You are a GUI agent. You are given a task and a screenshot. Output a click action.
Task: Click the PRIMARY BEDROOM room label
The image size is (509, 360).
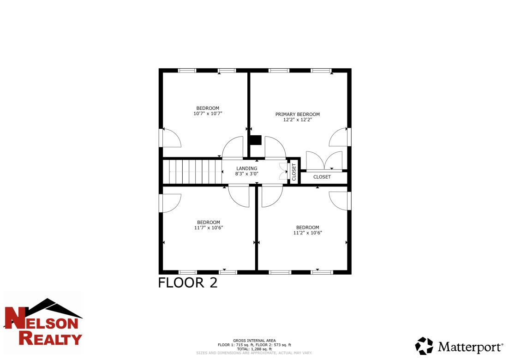pos(297,114)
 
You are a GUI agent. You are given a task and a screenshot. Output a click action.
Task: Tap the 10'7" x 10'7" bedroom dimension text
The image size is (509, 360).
pos(207,114)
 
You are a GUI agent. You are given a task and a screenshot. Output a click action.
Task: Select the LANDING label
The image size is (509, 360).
pos(247,168)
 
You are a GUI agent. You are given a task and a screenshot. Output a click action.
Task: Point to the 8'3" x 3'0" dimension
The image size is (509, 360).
pos(247,174)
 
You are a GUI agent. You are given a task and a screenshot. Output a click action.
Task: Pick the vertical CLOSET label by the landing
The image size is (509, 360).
pos(294,172)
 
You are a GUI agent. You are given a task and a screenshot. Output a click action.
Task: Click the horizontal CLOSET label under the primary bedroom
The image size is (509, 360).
pos(322,177)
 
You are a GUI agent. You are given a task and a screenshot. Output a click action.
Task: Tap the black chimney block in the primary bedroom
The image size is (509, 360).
pos(255,140)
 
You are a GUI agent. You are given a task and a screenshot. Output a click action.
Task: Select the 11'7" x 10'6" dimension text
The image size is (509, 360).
pos(208,228)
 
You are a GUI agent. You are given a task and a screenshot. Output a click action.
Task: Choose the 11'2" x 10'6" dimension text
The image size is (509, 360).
pos(307,233)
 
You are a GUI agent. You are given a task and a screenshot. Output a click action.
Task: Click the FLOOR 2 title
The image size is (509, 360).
pos(187,282)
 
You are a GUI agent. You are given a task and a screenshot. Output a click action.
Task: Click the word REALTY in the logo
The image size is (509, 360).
pos(50,339)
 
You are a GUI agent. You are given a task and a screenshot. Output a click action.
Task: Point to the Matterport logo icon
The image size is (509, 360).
pos(424,346)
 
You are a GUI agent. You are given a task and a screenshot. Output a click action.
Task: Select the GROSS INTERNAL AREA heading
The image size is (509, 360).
pos(254,341)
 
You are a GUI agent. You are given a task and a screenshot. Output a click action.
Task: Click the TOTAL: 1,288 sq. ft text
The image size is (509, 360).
pos(254,349)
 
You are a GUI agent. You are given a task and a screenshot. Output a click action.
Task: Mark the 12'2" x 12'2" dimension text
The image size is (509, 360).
pos(297,120)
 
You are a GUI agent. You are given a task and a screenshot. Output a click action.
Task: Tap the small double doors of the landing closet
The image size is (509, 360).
pos(283,171)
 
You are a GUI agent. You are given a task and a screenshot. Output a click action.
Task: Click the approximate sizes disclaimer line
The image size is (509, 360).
pos(254,353)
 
